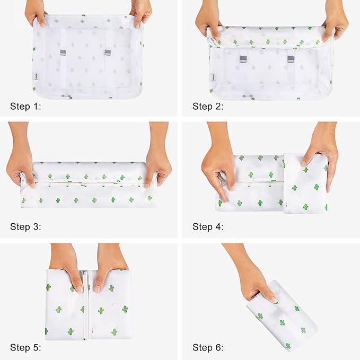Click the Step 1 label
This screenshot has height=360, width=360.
[x=25, y=107]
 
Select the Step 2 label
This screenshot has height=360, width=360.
[x=208, y=107]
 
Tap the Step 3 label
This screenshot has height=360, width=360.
[x=25, y=227]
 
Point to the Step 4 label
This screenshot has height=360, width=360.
[x=208, y=227]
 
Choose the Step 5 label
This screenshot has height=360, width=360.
[x=25, y=347]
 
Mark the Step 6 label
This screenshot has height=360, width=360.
[x=208, y=347]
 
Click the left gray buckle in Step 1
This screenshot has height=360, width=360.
[x=63, y=52]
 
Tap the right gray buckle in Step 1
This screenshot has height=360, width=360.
[x=108, y=52]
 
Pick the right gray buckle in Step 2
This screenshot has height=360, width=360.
[x=291, y=59]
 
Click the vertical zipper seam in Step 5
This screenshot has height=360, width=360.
[x=86, y=305]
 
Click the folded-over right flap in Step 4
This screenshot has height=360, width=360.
[x=305, y=183]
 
